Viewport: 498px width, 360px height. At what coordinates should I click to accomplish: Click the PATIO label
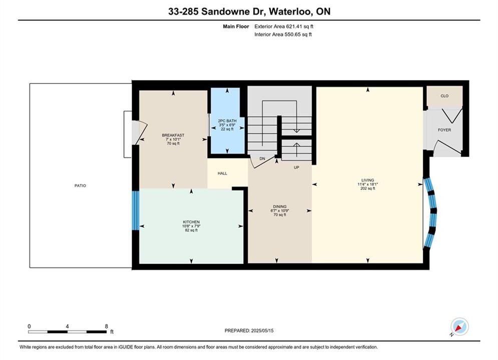point(80,185)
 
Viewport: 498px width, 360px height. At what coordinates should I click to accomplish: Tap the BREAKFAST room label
point(173,135)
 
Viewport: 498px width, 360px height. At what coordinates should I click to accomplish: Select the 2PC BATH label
point(227,121)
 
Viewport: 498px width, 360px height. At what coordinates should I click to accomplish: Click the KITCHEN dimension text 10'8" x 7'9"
point(191,226)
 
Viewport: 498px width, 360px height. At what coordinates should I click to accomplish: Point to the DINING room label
point(279,206)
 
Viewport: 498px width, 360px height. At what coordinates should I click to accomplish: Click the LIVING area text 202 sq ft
point(368,188)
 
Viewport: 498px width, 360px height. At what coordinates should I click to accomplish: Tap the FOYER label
point(444,129)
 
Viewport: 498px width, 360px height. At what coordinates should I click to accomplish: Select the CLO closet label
point(444,96)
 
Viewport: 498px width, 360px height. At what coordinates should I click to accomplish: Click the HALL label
point(222,173)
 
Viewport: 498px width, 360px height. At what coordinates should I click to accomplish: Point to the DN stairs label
point(262,158)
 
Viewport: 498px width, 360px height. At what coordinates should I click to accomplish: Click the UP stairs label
point(296,167)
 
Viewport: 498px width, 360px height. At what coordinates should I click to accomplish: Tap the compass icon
point(459,326)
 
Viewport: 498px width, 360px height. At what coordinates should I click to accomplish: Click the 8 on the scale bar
point(107,326)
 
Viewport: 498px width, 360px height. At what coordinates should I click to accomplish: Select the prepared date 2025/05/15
point(262,330)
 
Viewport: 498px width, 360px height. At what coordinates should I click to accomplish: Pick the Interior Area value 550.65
point(292,34)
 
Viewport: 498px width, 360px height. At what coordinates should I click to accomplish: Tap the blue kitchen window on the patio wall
point(136,210)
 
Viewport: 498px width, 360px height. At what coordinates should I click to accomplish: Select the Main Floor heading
point(236,26)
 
